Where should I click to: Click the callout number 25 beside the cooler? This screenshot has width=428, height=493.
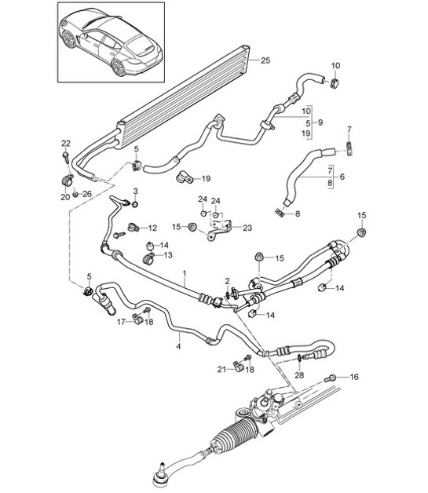tap(265, 60)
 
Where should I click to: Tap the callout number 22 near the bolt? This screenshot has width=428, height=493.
tap(65, 142)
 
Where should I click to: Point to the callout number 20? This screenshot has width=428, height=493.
tap(65, 195)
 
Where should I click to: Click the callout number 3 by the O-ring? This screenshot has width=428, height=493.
tap(135, 192)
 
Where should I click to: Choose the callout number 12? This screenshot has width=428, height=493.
tap(152, 227)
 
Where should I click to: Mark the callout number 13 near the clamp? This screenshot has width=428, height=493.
tap(166, 256)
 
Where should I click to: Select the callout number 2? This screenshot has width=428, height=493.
tap(226, 282)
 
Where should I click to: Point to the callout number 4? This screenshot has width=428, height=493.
tap(178, 344)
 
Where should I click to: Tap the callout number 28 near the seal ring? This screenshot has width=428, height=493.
tap(299, 374)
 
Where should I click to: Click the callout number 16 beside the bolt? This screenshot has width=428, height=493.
tap(353, 378)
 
